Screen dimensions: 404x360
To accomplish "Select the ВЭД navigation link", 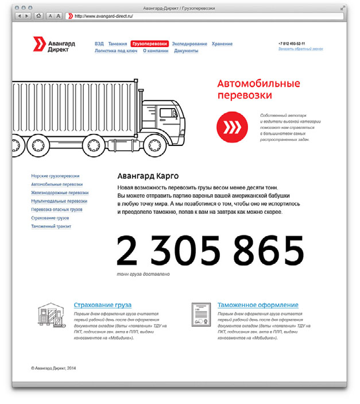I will tap(99, 44).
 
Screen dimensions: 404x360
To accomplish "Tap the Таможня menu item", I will tap(117, 44).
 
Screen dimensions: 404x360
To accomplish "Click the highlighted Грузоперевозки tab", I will tap(149, 44).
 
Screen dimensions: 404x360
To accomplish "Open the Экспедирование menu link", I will tap(189, 44).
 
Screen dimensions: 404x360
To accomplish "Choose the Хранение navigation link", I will tap(222, 44).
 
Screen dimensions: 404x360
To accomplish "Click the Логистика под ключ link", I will tap(115, 51).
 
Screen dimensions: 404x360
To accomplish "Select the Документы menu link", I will tap(186, 51).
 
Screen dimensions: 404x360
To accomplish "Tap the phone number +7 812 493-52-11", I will tap(292, 43).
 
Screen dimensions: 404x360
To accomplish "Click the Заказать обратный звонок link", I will tap(300, 49).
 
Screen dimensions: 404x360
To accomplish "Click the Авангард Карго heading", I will tap(148, 176).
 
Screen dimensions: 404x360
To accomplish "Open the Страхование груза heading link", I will tap(103, 305).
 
